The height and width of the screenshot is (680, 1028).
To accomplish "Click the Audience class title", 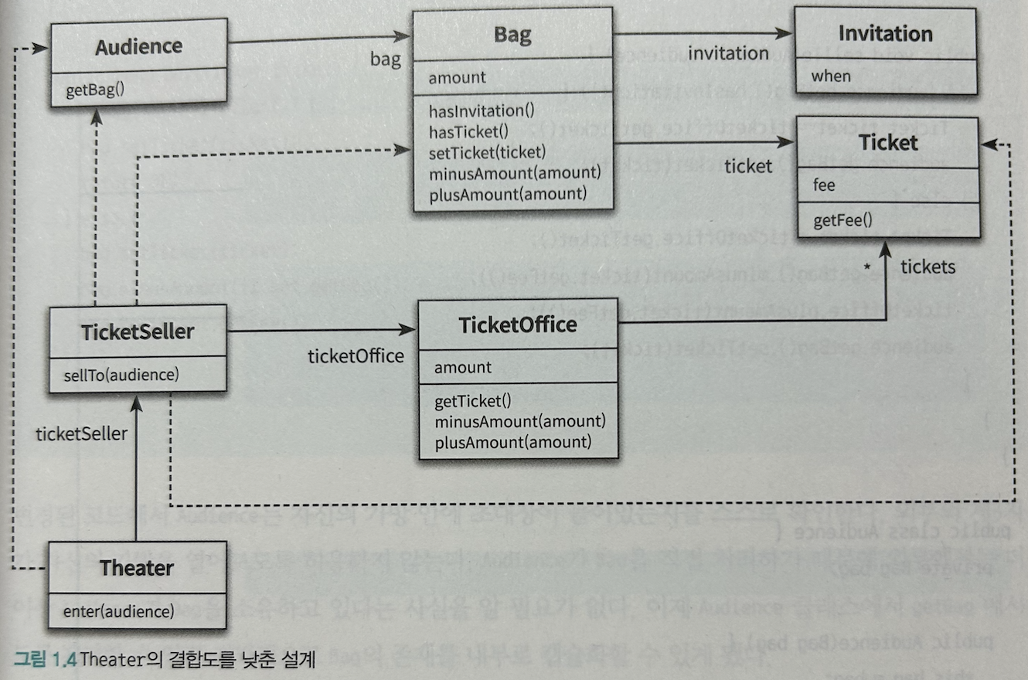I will pos(138,47).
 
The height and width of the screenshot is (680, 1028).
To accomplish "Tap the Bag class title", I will pos(512,36).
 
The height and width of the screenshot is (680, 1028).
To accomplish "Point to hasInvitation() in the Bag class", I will pos(481,111).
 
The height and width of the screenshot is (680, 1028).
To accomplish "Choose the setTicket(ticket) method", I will pos(487,151).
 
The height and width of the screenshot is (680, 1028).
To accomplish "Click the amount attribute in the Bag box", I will pos(458,77).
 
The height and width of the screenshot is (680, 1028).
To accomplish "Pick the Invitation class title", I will pos(885,34).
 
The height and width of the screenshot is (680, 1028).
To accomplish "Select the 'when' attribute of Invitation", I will pos(831,76).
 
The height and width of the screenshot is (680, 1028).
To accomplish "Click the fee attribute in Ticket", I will pos(825,186).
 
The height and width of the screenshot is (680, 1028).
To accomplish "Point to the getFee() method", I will pos(842,221).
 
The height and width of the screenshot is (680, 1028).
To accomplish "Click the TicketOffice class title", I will pos(518,325).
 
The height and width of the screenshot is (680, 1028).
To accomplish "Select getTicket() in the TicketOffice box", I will pos(473,401).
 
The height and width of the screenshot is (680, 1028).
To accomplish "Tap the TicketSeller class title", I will pos(138,332).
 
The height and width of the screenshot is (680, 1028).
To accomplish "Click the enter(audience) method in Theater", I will pos(117,612).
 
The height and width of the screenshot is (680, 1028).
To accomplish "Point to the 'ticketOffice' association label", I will pos(356,355).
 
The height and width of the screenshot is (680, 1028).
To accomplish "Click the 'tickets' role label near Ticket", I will pos(928,267).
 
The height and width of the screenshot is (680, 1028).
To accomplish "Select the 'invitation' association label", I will pos(728,53).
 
